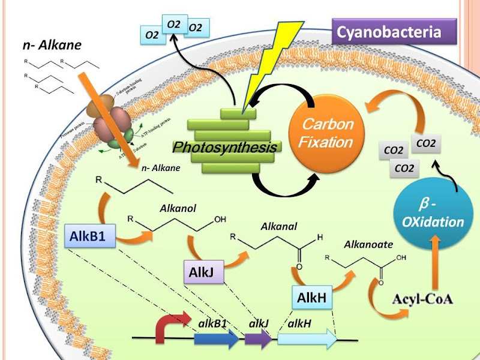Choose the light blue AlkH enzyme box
click(311, 297)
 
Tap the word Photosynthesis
click(226, 147)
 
